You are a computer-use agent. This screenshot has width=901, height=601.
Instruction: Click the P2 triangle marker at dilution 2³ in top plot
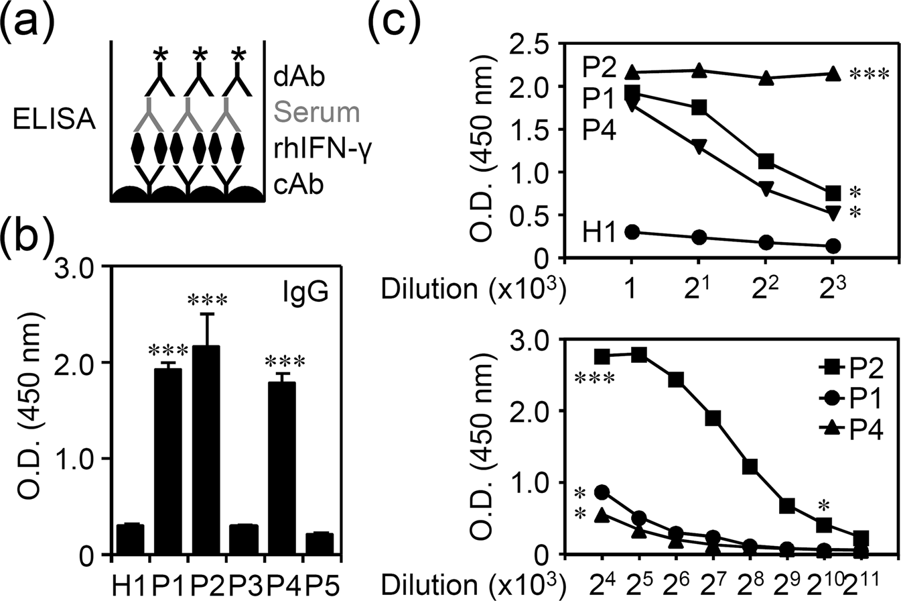click(x=833, y=73)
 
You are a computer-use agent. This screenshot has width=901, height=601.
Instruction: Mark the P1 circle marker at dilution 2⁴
click(x=602, y=492)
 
